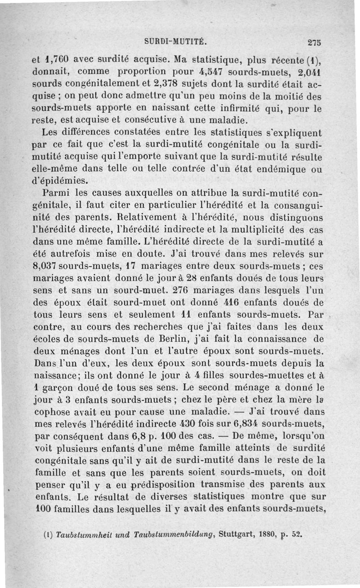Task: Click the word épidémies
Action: (x=61, y=181)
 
